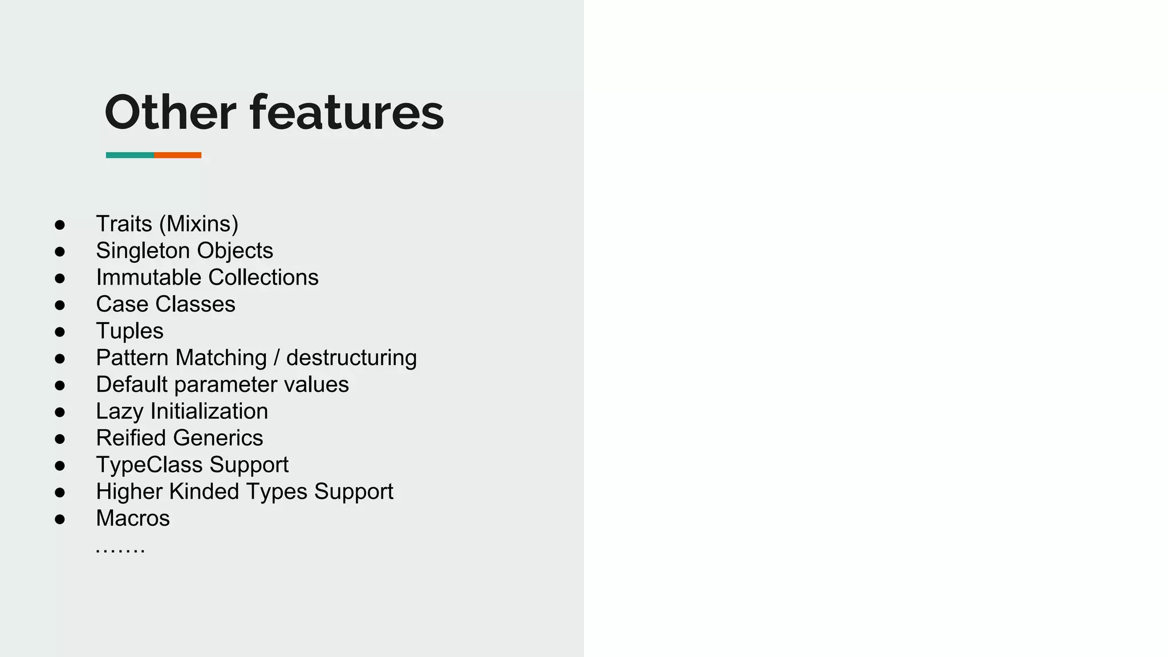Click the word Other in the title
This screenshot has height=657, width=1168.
pyautogui.click(x=170, y=112)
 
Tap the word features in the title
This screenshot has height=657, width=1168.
pyautogui.click(x=347, y=112)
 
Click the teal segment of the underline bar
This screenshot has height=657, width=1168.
pyautogui.click(x=129, y=155)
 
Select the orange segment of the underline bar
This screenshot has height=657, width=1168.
pyautogui.click(x=177, y=155)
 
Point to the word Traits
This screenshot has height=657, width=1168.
pyautogui.click(x=124, y=224)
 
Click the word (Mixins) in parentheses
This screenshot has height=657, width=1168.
pyautogui.click(x=198, y=224)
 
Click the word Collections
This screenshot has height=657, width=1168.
pyautogui.click(x=263, y=277)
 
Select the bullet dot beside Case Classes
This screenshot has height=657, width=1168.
pyautogui.click(x=60, y=305)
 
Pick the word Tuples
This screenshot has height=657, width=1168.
pyautogui.click(x=129, y=331)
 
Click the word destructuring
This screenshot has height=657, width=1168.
pyautogui.click(x=351, y=358)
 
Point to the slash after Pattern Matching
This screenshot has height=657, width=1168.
pyautogui.click(x=277, y=358)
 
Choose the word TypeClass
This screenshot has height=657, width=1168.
pyautogui.click(x=149, y=465)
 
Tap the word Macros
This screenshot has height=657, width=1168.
pyautogui.click(x=133, y=518)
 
